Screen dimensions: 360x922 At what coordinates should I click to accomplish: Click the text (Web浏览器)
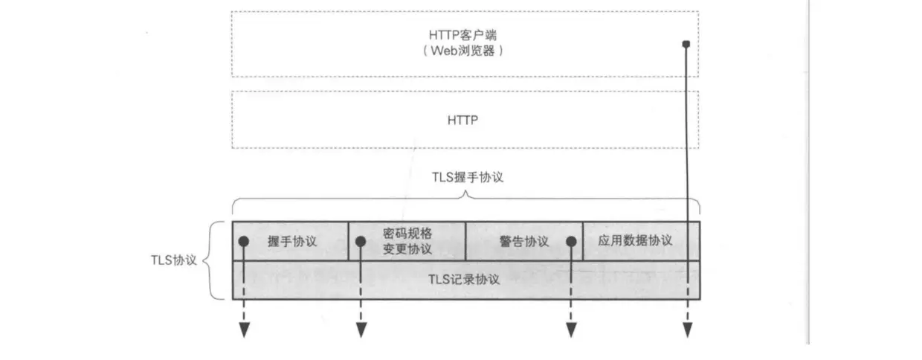click(x=465, y=51)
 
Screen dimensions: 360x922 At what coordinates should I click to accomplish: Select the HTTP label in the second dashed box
click(x=464, y=119)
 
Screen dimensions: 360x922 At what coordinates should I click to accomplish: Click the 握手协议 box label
click(x=292, y=242)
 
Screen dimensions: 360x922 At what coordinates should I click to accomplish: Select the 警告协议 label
click(x=524, y=242)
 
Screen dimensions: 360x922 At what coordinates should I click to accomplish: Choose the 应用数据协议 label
click(x=635, y=240)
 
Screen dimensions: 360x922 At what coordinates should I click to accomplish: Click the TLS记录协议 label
click(x=465, y=280)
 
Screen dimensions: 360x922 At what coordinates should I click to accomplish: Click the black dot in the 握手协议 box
click(x=243, y=242)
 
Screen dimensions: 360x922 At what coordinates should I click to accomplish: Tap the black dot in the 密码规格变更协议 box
click(x=361, y=242)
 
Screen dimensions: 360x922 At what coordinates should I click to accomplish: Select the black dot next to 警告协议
click(x=571, y=242)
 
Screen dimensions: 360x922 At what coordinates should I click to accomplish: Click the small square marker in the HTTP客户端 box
click(x=686, y=45)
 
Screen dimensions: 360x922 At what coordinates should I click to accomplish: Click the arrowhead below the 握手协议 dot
click(x=243, y=330)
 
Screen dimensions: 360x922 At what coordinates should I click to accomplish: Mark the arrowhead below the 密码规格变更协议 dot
click(x=361, y=330)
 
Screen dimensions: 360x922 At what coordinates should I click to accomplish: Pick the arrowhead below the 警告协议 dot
click(x=571, y=330)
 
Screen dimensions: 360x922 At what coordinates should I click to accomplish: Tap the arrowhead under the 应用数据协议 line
click(x=686, y=330)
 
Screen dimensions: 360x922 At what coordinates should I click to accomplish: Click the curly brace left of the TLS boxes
click(x=210, y=260)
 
